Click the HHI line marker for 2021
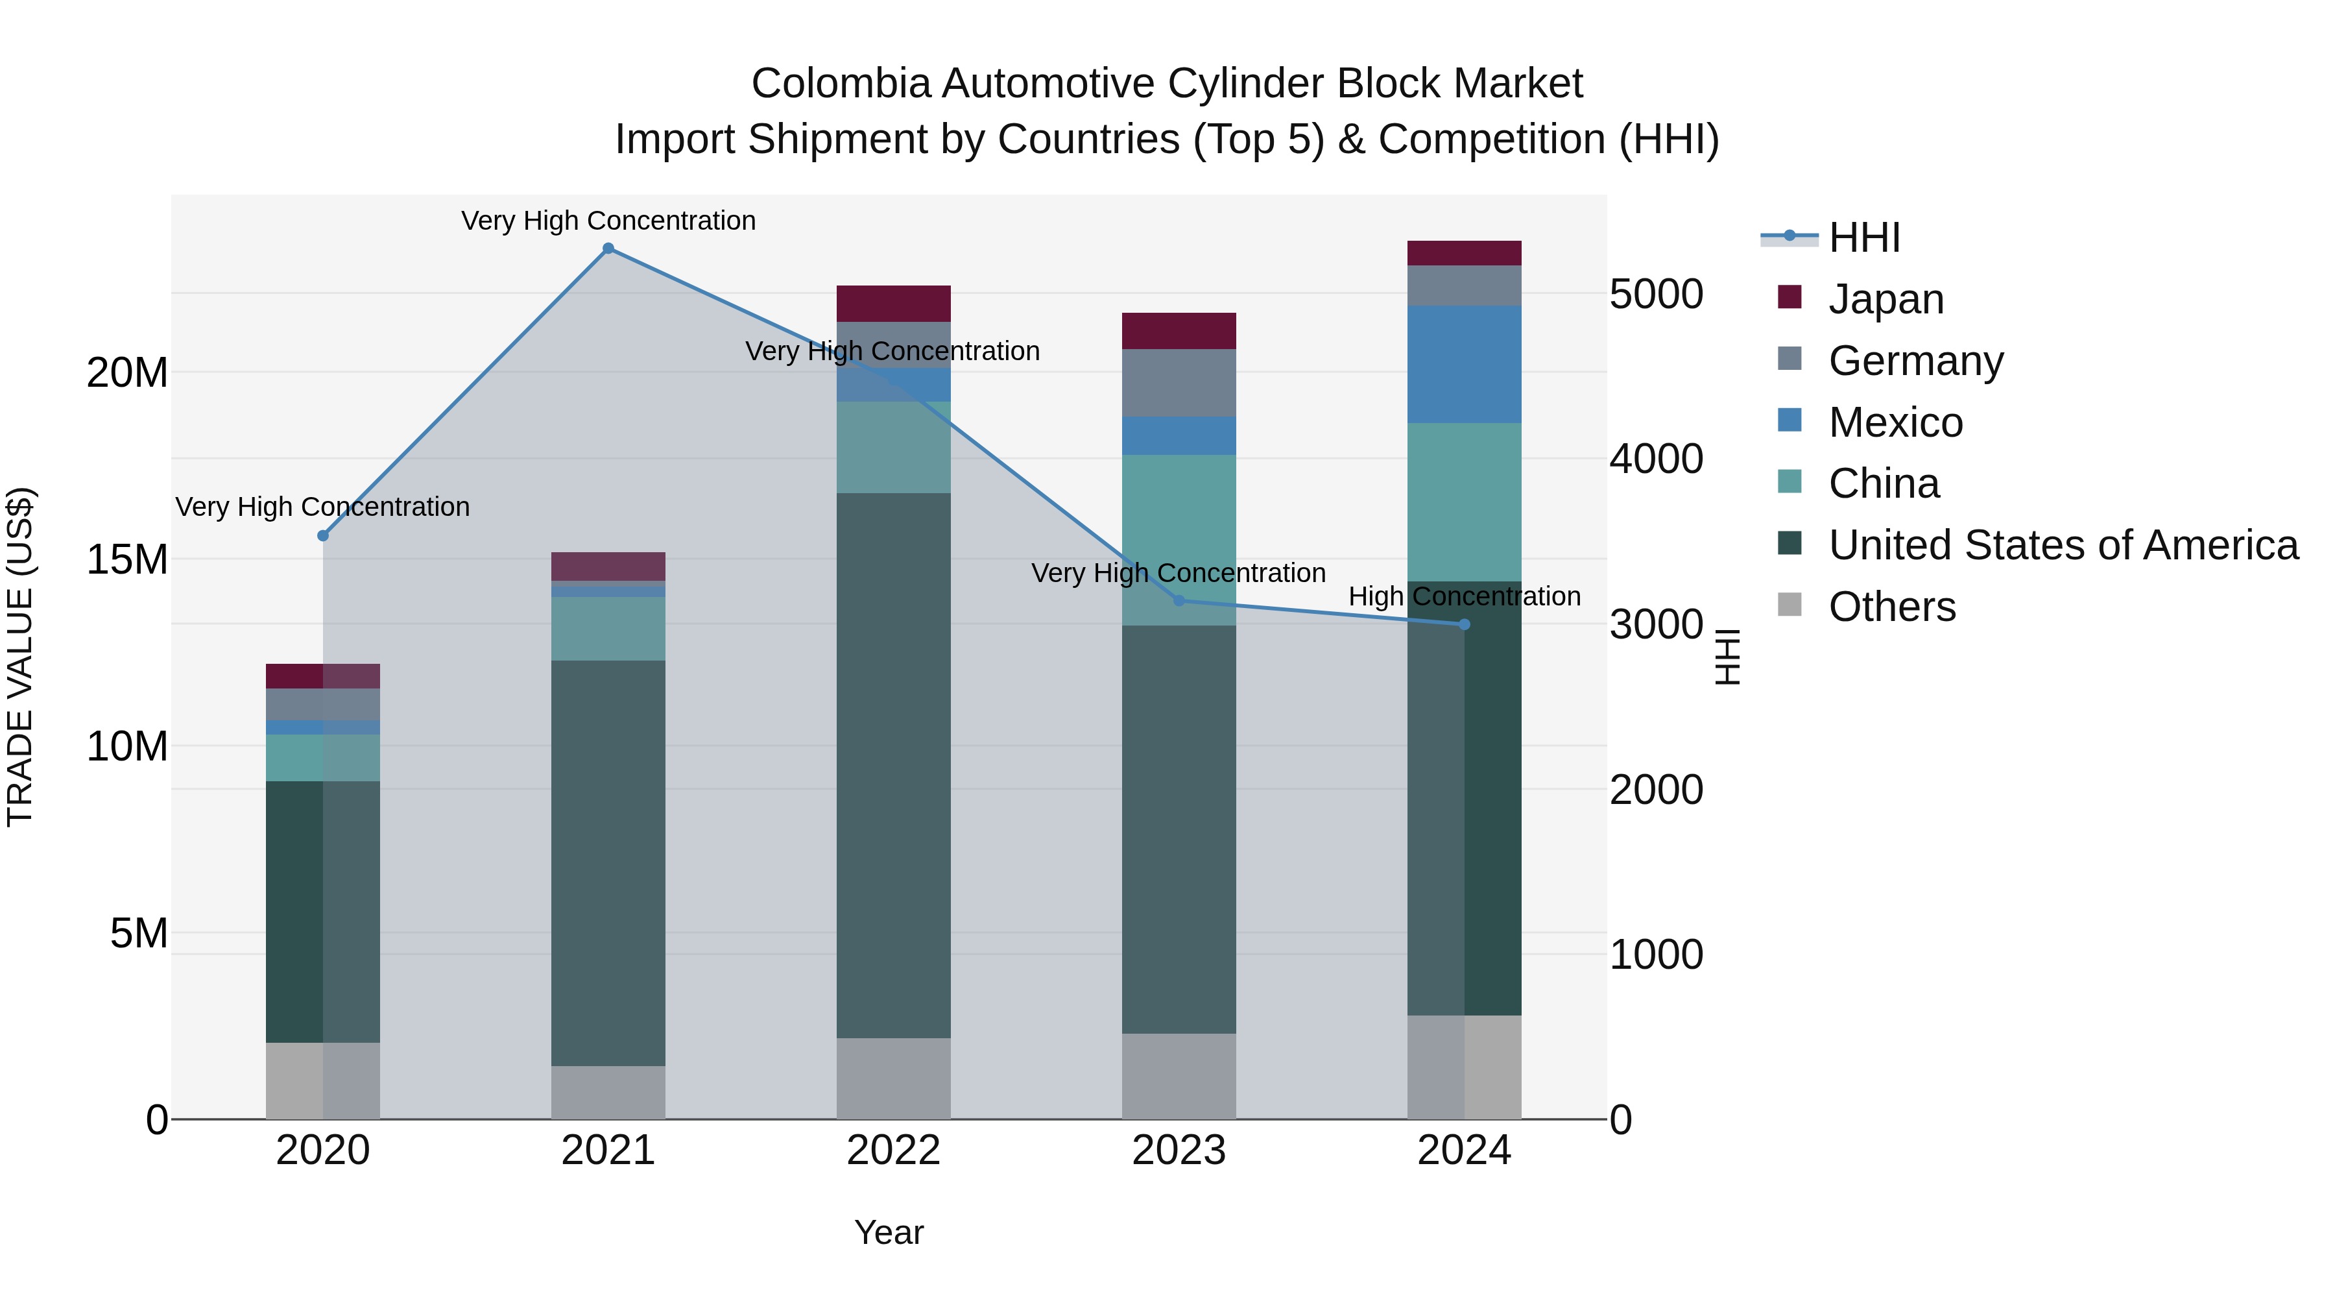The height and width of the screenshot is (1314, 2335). point(608,249)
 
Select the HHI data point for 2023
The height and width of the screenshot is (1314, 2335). point(1179,600)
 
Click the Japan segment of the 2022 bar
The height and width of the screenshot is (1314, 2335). point(893,304)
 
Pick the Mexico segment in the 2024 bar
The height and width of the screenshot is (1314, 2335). point(1464,365)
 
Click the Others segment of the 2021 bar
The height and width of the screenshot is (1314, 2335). point(608,1092)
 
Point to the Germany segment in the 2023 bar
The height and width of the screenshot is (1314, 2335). point(1179,383)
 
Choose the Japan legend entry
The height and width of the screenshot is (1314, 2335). point(1886,299)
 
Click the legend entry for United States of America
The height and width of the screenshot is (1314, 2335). point(2062,545)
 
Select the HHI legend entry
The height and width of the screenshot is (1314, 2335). point(1863,237)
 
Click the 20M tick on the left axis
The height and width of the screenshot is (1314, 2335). point(127,372)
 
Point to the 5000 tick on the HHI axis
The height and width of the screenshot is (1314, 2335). point(1656,295)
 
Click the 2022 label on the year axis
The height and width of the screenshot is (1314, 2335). point(893,1150)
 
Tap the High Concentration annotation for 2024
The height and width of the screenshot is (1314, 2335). point(1464,597)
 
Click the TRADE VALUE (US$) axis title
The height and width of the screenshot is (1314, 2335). point(20,657)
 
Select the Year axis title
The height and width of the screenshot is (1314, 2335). point(889,1232)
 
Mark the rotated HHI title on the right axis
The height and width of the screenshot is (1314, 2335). point(1728,657)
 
